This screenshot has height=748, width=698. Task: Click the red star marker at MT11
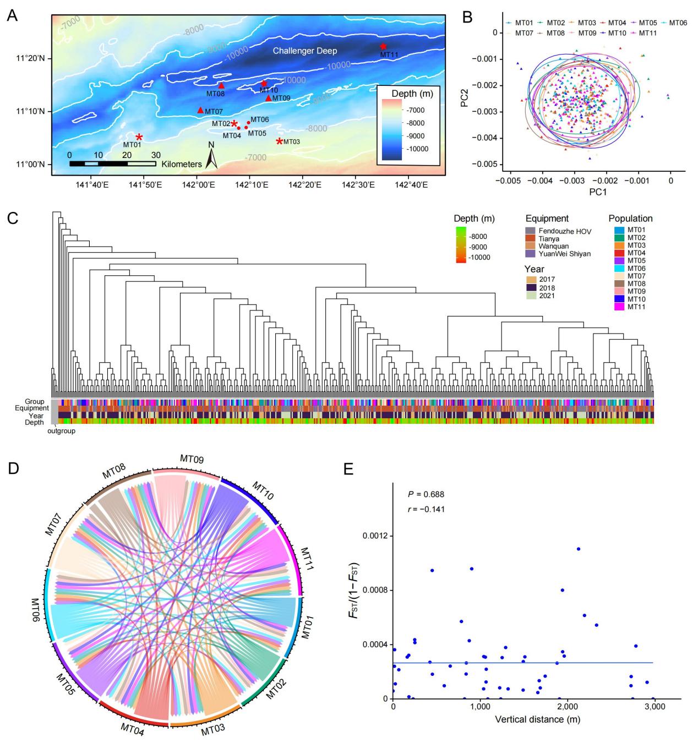pos(383,47)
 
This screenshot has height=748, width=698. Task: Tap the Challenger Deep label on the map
pos(306,51)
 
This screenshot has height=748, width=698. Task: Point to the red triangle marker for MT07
pos(200,110)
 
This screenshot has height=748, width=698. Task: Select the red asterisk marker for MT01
pos(139,137)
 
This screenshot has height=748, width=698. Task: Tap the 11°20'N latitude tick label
pos(34,58)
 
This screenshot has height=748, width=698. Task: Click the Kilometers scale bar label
pos(182,164)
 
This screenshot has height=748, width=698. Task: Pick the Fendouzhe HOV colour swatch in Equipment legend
pos(531,231)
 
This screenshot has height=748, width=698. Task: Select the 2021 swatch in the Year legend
pos(531,296)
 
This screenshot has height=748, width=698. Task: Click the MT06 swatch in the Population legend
pos(617,268)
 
